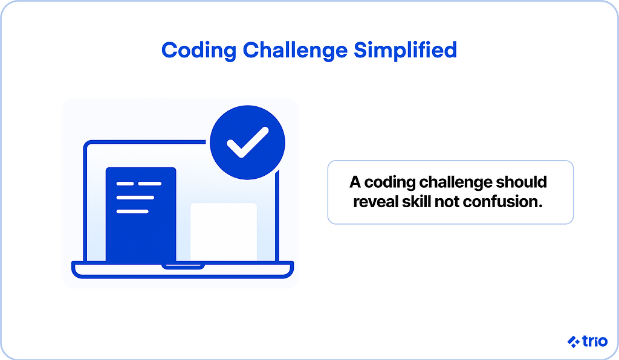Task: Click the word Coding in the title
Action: coord(199,51)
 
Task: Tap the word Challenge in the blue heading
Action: coord(295,51)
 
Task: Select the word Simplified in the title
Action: coord(405,51)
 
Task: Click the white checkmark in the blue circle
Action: coord(247,143)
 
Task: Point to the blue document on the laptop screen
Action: coord(141,214)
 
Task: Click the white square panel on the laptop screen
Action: coord(224,231)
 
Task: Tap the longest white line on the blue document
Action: coord(135,198)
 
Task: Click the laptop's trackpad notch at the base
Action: coord(183,266)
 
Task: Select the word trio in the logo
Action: coord(595,341)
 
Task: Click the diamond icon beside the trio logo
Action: coord(574,341)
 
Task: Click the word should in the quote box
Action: coord(522,182)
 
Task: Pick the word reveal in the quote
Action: coord(375,202)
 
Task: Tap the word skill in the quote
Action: coord(416,202)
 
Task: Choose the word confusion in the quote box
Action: coord(503,202)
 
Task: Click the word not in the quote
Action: coord(447,202)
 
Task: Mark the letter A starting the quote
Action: coord(355,182)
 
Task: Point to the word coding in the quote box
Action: coord(390,183)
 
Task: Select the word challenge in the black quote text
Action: coord(456,183)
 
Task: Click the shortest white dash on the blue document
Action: coord(125,184)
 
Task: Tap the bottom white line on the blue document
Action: coord(132,212)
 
